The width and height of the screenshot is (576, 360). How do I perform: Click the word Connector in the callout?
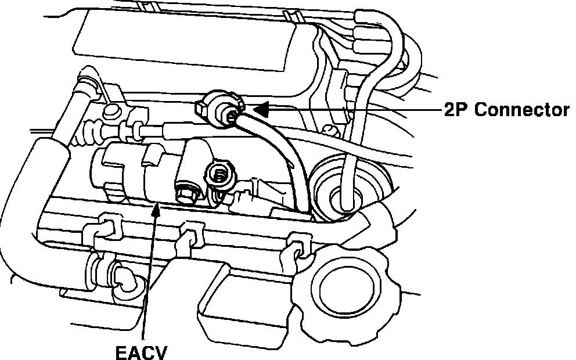(521, 110)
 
